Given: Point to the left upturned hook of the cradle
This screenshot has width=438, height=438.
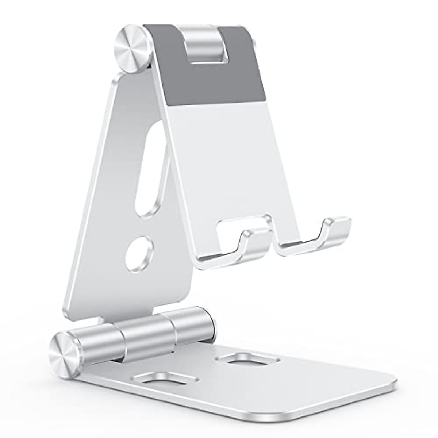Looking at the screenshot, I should (254, 243).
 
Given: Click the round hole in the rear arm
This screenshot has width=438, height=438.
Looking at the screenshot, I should (139, 252).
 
